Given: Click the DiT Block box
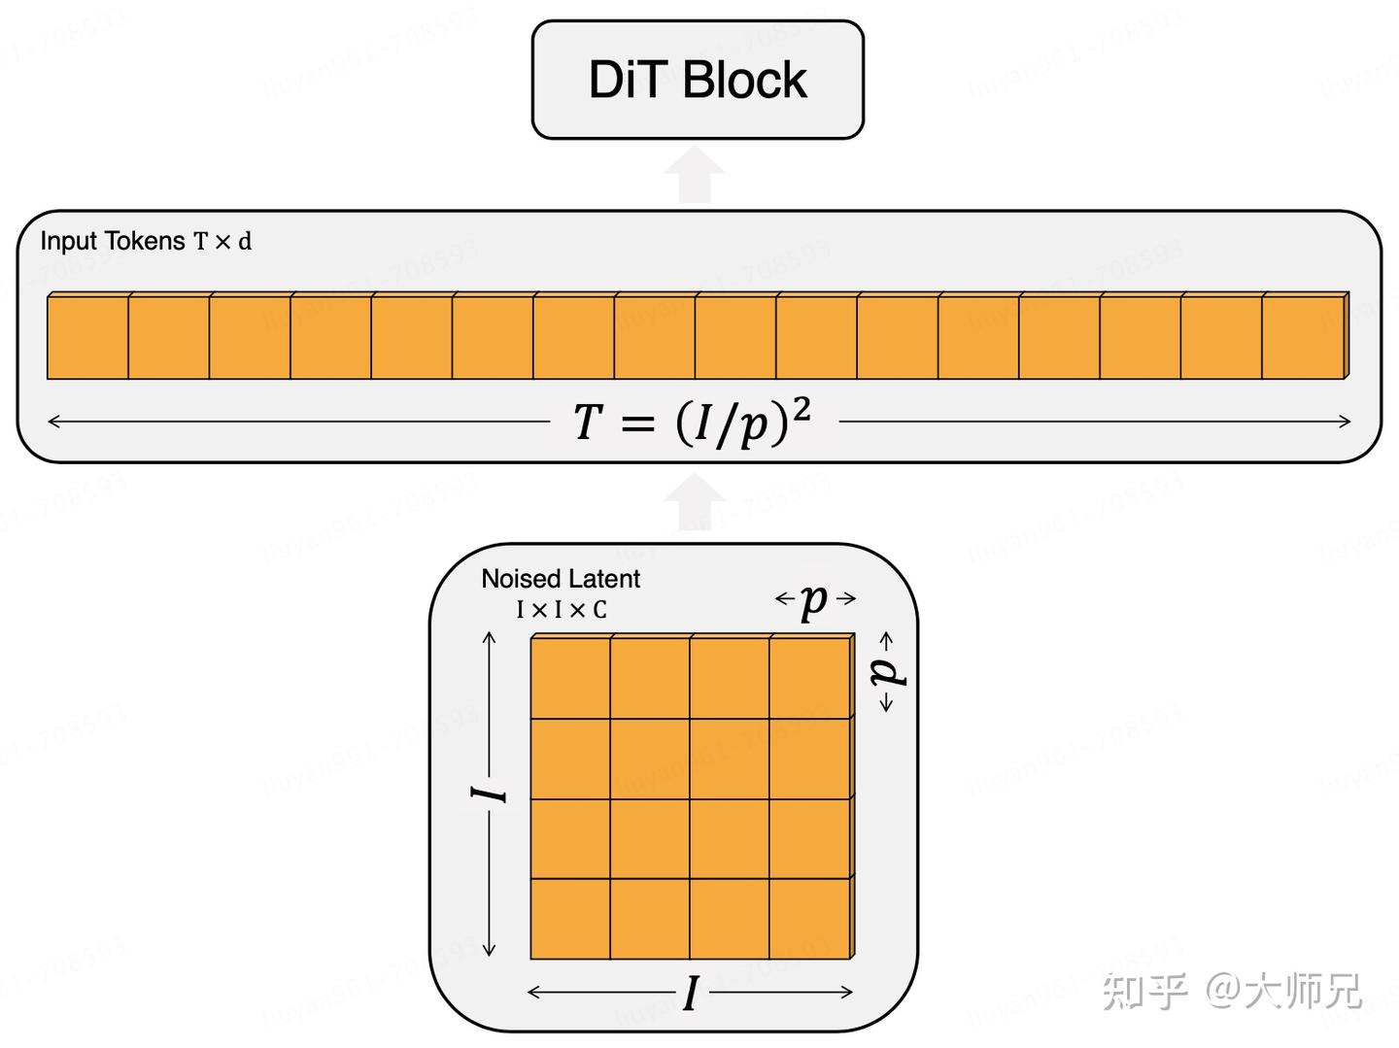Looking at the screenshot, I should [698, 80].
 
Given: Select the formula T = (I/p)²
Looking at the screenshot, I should [692, 423].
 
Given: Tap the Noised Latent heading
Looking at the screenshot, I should [561, 579].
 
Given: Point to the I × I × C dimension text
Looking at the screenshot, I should [562, 610].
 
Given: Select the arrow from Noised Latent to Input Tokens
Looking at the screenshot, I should [696, 502].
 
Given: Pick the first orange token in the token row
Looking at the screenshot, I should [87, 337].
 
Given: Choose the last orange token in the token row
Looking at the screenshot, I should [1303, 337].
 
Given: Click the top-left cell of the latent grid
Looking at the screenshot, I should [570, 678].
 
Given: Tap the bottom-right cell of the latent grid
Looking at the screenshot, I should [810, 919].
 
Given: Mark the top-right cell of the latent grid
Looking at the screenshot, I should [810, 678].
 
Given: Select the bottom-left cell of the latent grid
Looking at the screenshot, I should [570, 919].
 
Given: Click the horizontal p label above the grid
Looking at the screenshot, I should [815, 600].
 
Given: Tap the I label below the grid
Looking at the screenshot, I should [691, 994].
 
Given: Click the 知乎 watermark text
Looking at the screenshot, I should [1145, 992].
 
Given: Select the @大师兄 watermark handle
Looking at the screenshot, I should [1283, 992].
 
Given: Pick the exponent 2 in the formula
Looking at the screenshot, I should [802, 410].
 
